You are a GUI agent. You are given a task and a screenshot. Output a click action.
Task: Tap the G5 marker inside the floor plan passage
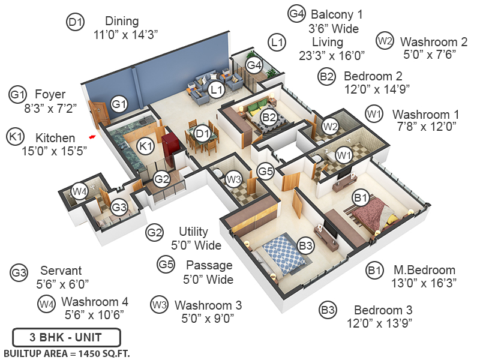click(x=266, y=172)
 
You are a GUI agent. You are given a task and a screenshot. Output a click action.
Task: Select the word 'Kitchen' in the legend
click(x=55, y=138)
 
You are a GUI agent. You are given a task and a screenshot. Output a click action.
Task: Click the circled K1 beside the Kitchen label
click(x=15, y=137)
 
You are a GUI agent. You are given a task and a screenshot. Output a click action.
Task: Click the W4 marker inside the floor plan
click(x=79, y=191)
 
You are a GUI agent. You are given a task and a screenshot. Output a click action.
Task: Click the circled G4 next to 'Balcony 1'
click(x=296, y=14)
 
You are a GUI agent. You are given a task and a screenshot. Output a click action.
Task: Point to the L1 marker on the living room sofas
click(x=216, y=90)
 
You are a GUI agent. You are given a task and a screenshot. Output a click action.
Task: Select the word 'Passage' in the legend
click(x=209, y=265)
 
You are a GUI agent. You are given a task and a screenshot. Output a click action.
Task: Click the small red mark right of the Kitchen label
click(x=92, y=137)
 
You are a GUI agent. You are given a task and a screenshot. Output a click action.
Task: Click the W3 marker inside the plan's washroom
click(x=233, y=178)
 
